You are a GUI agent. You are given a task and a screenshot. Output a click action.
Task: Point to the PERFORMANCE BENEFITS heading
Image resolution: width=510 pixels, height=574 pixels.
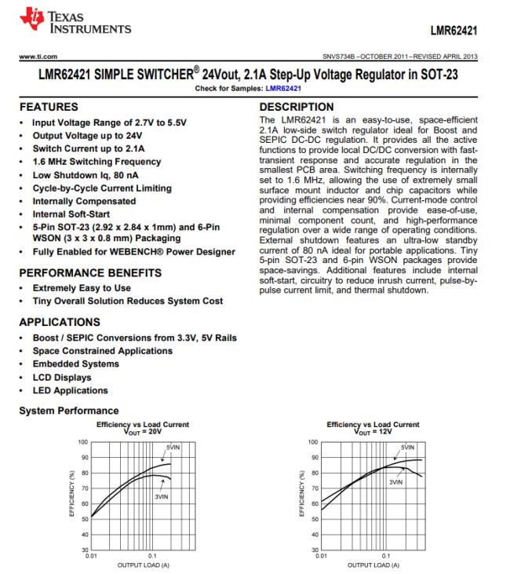click(x=90, y=273)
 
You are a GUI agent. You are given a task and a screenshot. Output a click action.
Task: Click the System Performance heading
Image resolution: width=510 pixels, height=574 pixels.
click(x=68, y=411)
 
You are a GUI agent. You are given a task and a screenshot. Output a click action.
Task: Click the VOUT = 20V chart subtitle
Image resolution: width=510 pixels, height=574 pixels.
click(x=142, y=431)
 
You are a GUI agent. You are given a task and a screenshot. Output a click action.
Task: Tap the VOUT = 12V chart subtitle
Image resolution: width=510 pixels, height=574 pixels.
click(x=373, y=431)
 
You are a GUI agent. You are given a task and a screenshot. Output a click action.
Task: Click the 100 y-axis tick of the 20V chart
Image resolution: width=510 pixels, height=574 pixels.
click(x=82, y=444)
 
